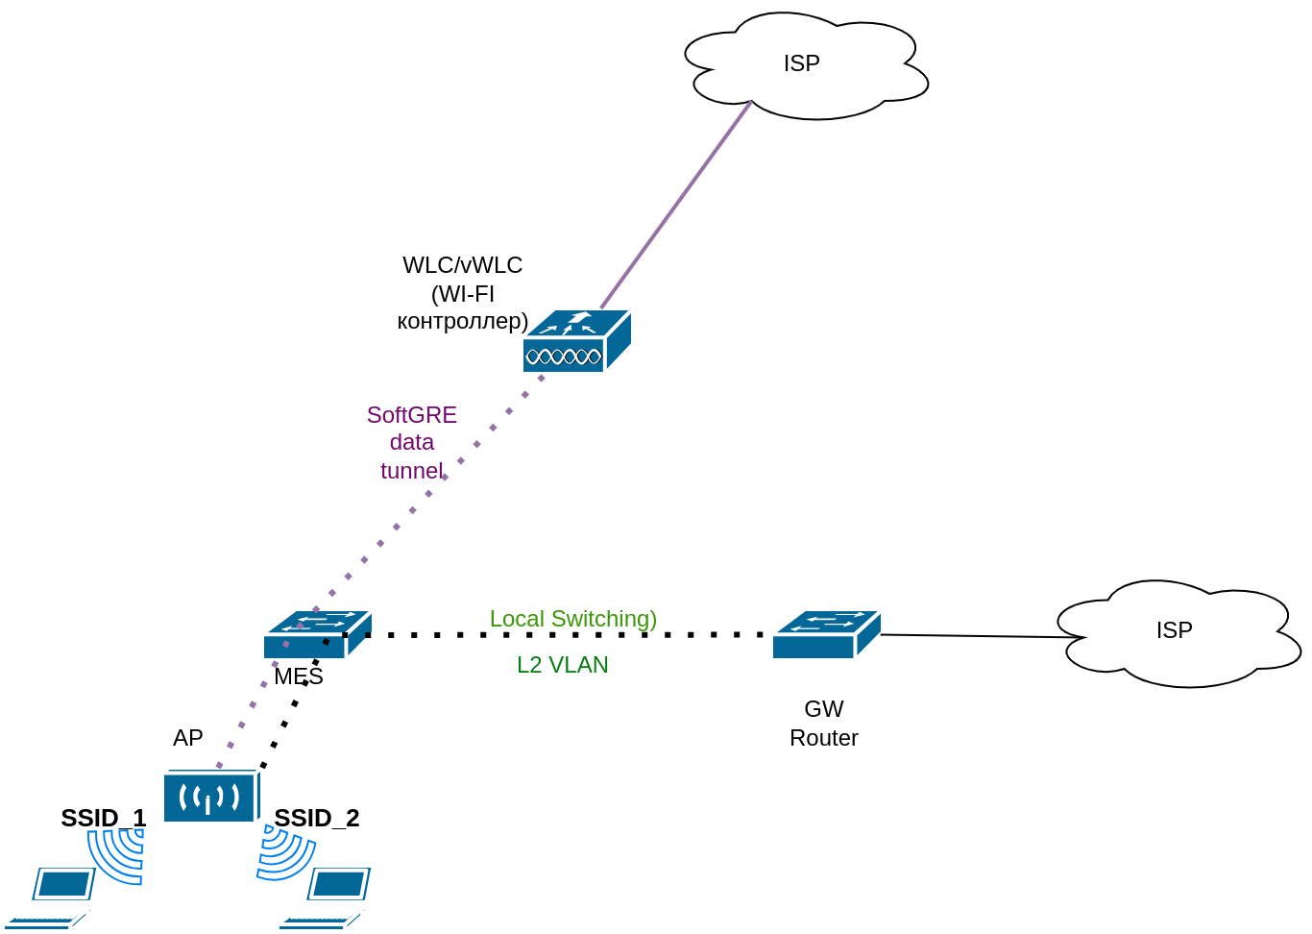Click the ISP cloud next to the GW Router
[1178, 632]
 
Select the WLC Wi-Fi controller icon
[576, 341]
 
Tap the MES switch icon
[317, 634]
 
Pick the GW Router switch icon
[826, 634]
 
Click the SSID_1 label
[104, 818]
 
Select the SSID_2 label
[317, 818]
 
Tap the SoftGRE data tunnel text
[412, 442]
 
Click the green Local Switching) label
[573, 619]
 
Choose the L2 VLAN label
[563, 665]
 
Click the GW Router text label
[824, 724]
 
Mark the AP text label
[188, 738]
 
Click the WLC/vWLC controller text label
[463, 292]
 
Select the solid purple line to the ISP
[676, 205]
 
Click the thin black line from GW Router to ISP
[980, 636]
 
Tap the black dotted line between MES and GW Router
[567, 634]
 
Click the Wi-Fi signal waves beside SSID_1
[117, 854]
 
